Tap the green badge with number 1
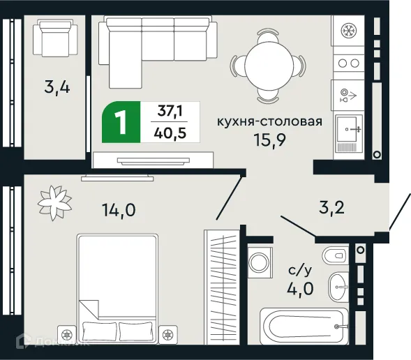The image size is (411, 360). pyautogui.click(x=121, y=123)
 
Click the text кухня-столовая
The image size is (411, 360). pyautogui.click(x=269, y=121)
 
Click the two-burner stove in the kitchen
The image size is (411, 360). pyautogui.click(x=347, y=63)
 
